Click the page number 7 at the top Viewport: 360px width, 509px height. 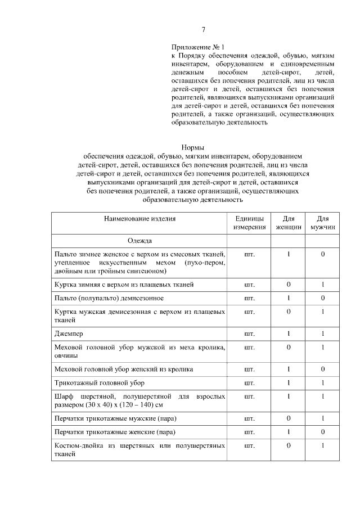coord(204,30)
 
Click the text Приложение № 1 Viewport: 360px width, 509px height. coord(197,47)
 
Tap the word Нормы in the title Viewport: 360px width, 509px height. coord(192,147)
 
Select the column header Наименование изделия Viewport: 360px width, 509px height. coord(139,219)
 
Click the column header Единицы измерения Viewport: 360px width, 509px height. coord(250,223)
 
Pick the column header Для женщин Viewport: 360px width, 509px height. coord(289,223)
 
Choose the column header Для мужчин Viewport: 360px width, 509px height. coord(323,223)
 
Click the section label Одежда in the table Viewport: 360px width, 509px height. coord(139,241)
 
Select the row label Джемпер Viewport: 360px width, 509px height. coord(69,334)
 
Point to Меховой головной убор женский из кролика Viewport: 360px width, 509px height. coord(123,369)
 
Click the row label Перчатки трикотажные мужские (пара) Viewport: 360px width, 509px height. coord(114,418)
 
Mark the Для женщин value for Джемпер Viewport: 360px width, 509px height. coord(289,334)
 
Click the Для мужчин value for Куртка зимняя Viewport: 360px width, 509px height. coord(323,283)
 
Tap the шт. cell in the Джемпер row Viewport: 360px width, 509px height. coord(250,334)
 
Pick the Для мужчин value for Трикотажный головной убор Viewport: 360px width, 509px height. coord(323,383)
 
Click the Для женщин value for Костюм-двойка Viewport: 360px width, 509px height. coord(289,446)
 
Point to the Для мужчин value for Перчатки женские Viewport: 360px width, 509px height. coord(323,433)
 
